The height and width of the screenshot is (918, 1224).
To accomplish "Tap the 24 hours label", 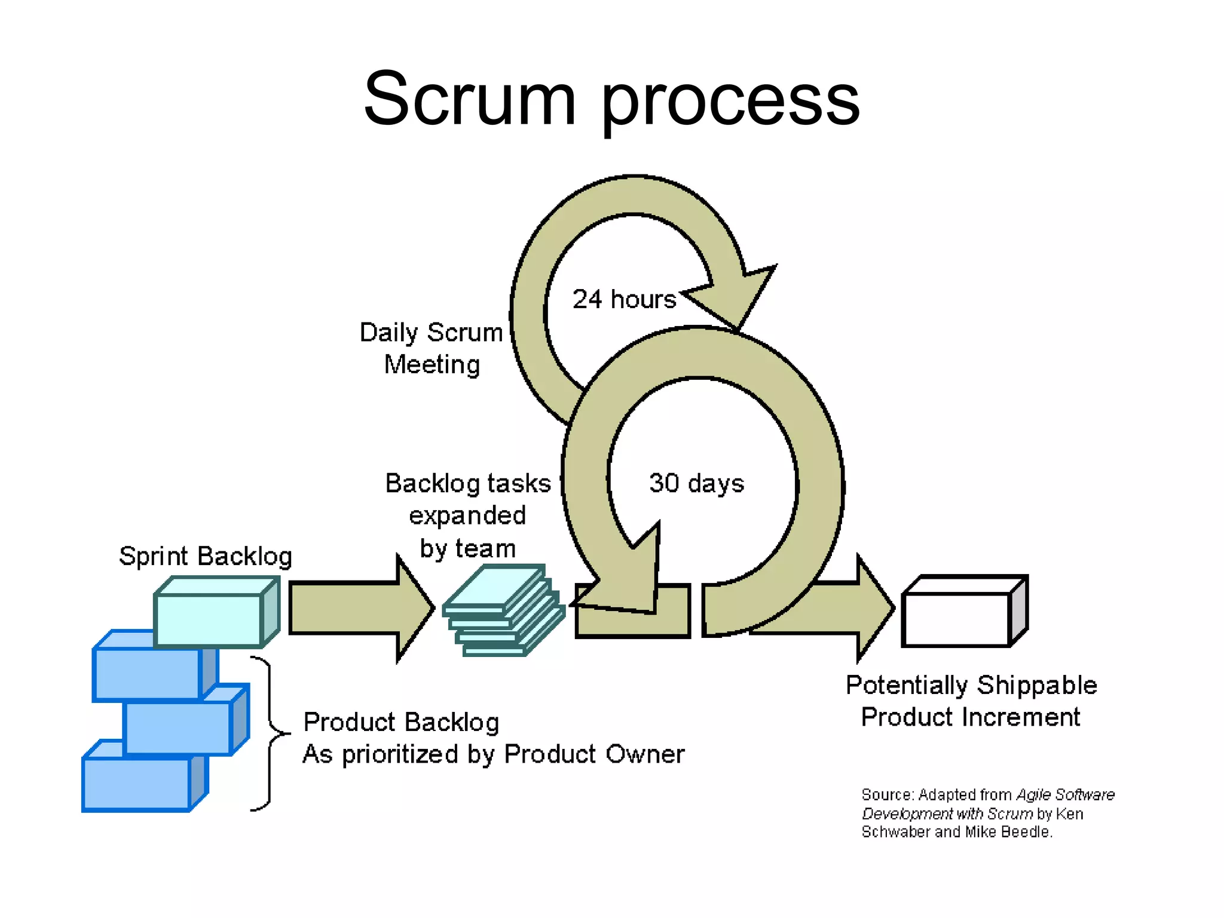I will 624,299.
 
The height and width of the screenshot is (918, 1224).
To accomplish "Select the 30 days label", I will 696,483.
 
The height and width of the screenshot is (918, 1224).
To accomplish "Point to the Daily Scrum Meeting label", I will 432,348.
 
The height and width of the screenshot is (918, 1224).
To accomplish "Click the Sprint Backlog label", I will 205,556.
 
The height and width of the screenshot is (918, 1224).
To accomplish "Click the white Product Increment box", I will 956,619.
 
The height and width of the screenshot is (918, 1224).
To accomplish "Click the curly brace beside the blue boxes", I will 269,733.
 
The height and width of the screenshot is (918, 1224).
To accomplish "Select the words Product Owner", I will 594,754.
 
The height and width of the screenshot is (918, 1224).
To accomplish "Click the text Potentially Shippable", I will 971,685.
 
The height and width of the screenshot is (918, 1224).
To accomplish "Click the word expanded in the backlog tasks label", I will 467,515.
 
